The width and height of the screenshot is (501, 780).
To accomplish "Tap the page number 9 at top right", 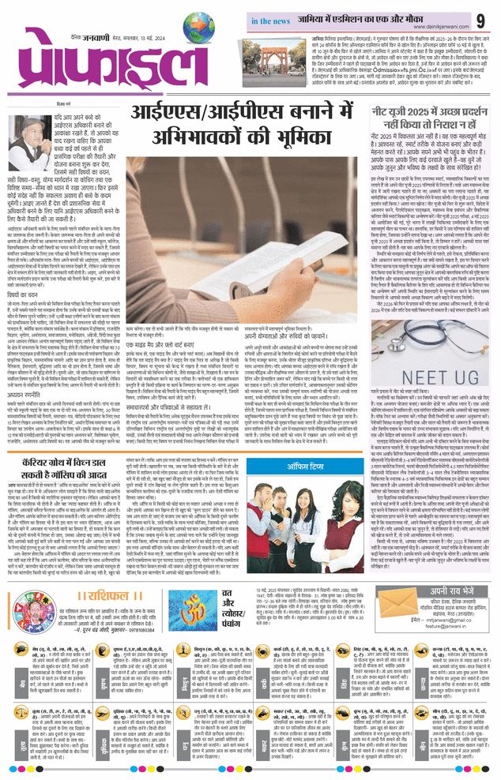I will click(480, 18).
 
